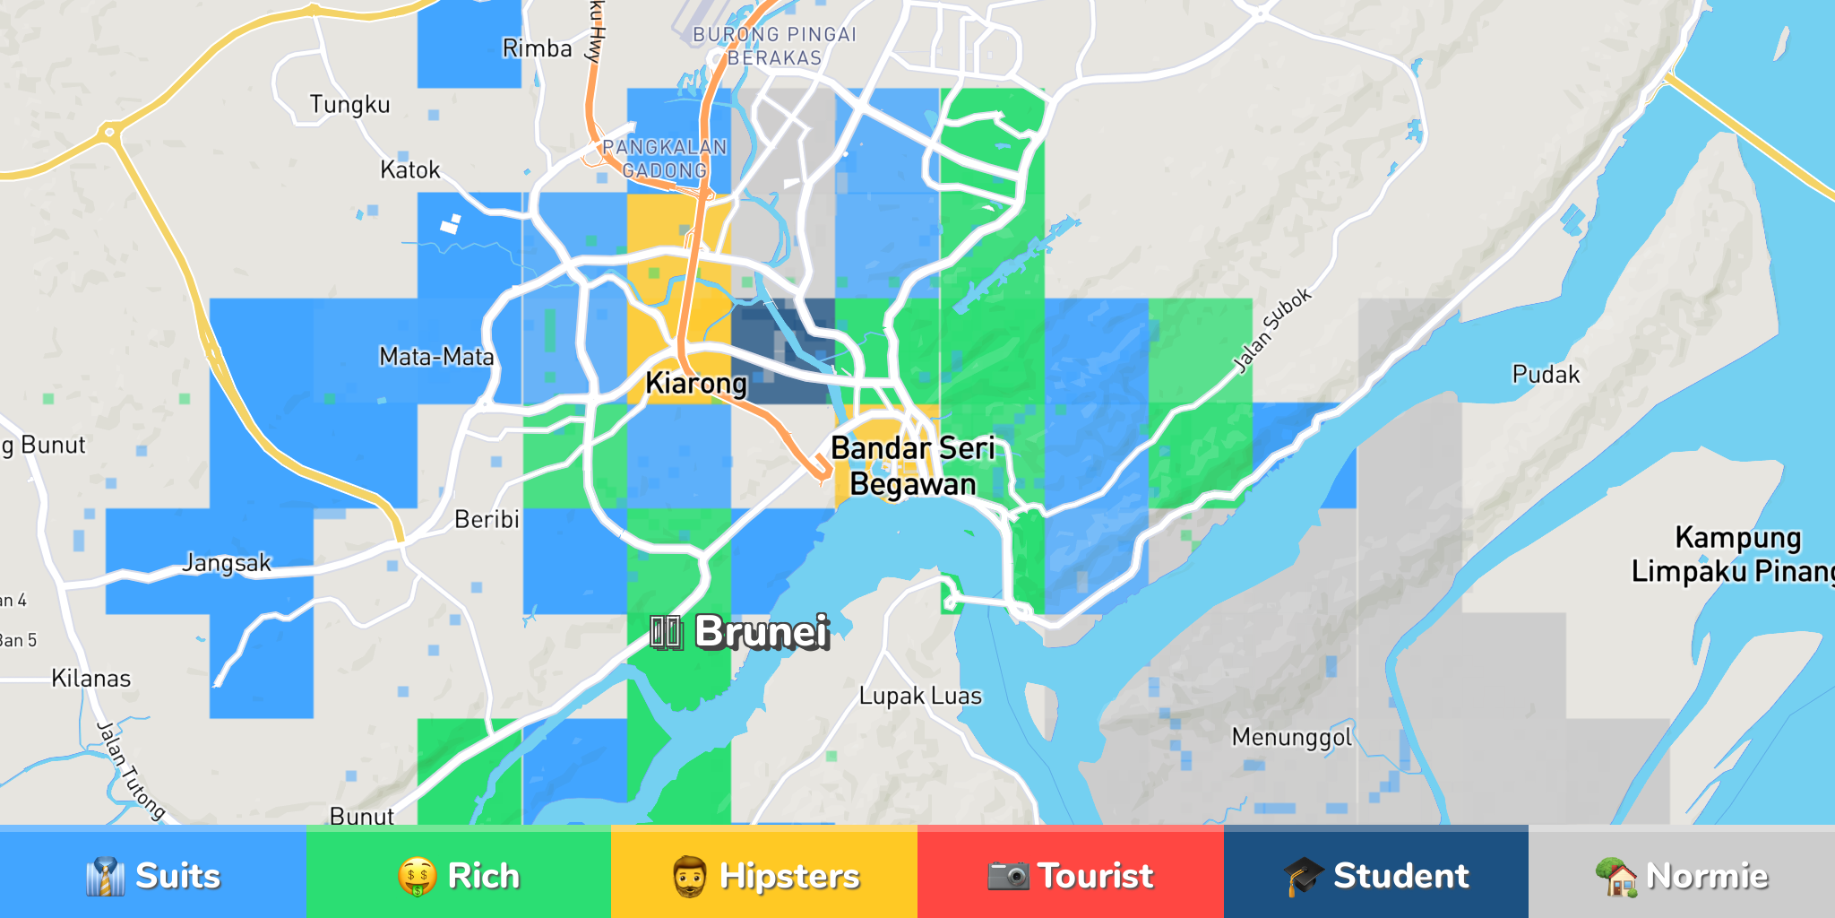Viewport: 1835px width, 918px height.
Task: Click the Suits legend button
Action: point(153,874)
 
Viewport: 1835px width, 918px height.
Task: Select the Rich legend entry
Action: point(459,874)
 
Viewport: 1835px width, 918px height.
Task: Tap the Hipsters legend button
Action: point(764,874)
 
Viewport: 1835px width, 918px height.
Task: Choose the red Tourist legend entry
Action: point(1070,874)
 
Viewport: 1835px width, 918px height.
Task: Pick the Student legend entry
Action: point(1376,874)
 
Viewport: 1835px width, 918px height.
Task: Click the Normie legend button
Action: point(1682,874)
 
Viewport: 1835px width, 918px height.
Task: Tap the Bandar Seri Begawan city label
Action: point(913,466)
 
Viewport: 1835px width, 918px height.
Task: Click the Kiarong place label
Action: point(696,384)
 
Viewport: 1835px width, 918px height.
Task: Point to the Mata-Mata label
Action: point(436,357)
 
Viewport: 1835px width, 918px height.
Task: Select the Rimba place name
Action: point(537,48)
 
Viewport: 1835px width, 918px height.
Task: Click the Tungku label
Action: point(349,105)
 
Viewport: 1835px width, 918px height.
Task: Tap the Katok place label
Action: point(410,169)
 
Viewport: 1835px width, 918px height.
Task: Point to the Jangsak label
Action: point(227,563)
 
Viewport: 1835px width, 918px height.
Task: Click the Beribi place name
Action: point(487,519)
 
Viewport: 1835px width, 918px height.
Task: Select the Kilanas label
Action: point(91,679)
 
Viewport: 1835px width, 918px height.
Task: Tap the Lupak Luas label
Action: point(920,696)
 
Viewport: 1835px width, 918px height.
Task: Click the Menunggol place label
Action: point(1291,737)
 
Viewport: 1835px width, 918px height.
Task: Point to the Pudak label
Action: point(1546,374)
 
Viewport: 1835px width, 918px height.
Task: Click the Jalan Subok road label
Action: point(1272,331)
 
